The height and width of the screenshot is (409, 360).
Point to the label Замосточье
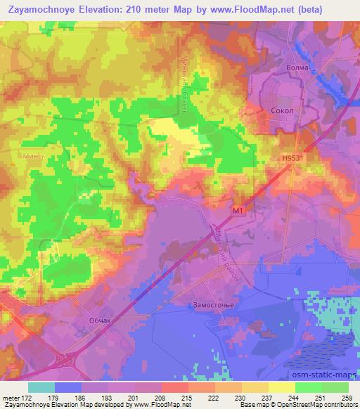pos(211,305)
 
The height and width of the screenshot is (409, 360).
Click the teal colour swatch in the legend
pos(41,387)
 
